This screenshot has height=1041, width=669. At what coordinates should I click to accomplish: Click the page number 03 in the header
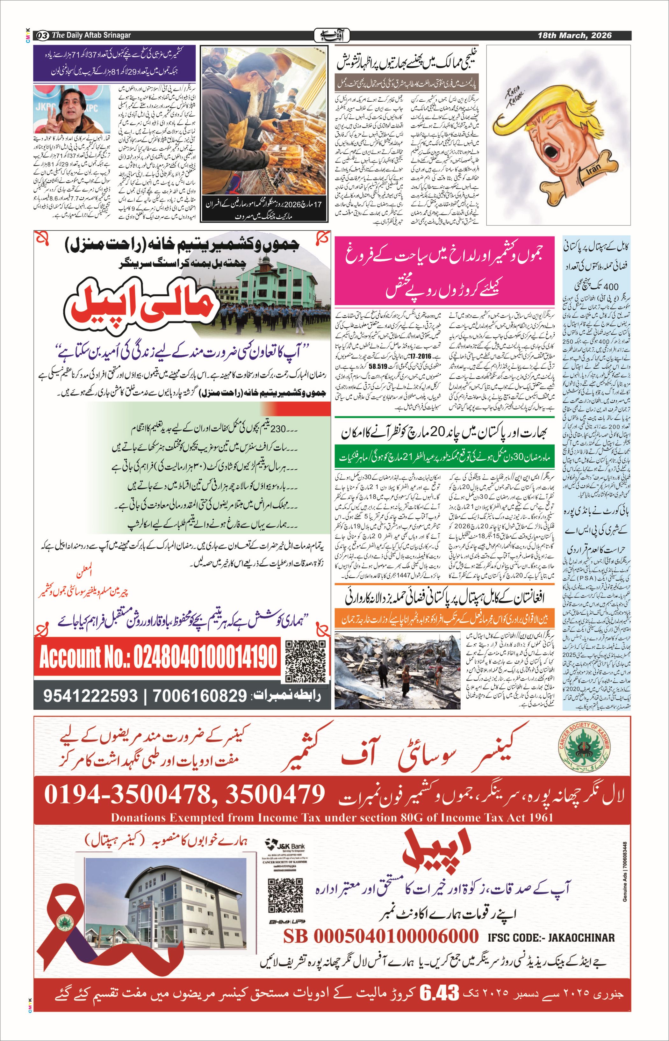point(43,35)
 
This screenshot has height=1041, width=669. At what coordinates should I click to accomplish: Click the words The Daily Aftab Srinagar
point(91,35)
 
